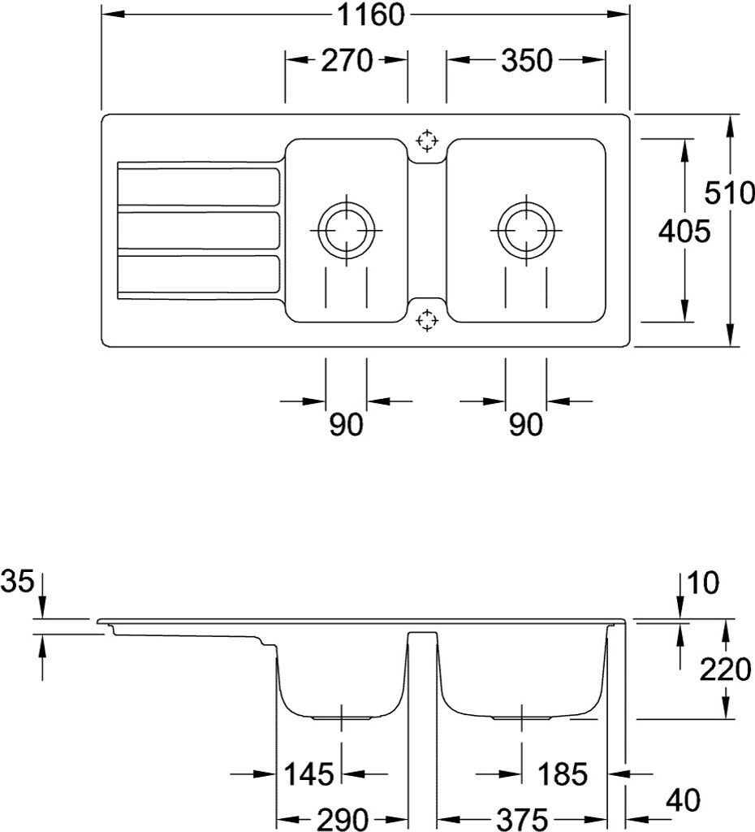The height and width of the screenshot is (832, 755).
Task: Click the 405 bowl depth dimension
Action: tap(684, 232)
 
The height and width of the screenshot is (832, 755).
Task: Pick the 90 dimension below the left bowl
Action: tap(346, 425)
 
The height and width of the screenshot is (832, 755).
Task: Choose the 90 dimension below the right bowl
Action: tap(525, 425)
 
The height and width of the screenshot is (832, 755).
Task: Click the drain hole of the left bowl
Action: tap(347, 230)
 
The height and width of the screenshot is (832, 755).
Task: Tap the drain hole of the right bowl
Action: tap(526, 230)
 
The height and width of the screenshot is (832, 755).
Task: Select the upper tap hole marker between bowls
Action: tap(427, 141)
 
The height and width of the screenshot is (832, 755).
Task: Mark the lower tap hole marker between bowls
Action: tap(427, 320)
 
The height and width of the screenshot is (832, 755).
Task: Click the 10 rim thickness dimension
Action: tap(703, 583)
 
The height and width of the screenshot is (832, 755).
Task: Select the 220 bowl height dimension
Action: tap(725, 669)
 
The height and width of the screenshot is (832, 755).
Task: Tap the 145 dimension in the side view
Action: tap(308, 773)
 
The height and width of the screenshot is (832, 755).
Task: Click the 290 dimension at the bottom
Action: tap(341, 818)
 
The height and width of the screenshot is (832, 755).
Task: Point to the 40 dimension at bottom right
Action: tap(681, 800)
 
